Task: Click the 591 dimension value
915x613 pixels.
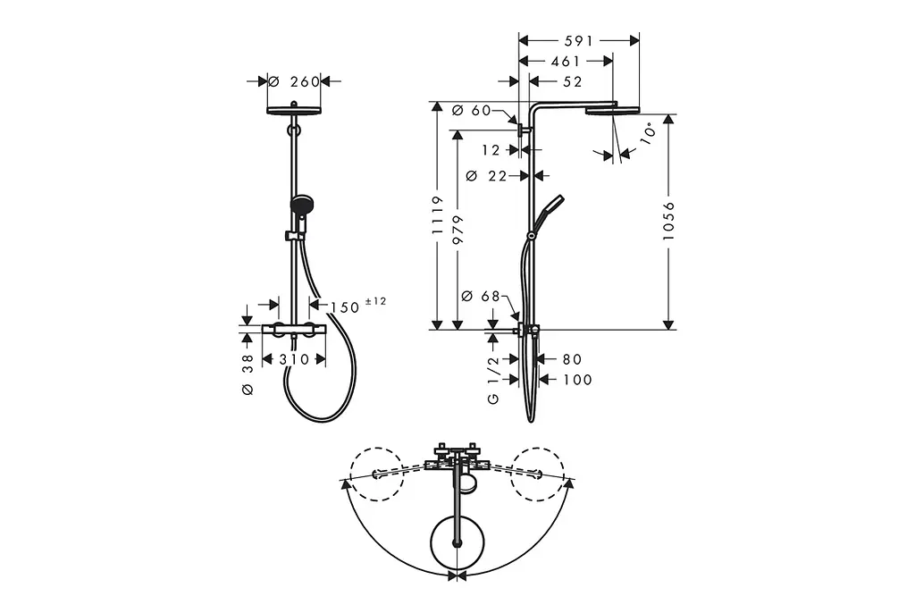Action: (578, 41)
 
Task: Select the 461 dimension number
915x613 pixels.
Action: (566, 62)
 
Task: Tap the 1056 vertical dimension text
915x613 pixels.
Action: (668, 222)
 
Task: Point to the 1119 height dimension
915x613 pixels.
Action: (438, 215)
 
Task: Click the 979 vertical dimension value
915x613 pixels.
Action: (457, 231)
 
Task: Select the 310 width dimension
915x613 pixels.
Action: (293, 359)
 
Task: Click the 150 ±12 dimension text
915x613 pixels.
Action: (357, 306)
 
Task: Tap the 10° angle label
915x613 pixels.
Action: (648, 132)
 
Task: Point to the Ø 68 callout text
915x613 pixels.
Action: (480, 297)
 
